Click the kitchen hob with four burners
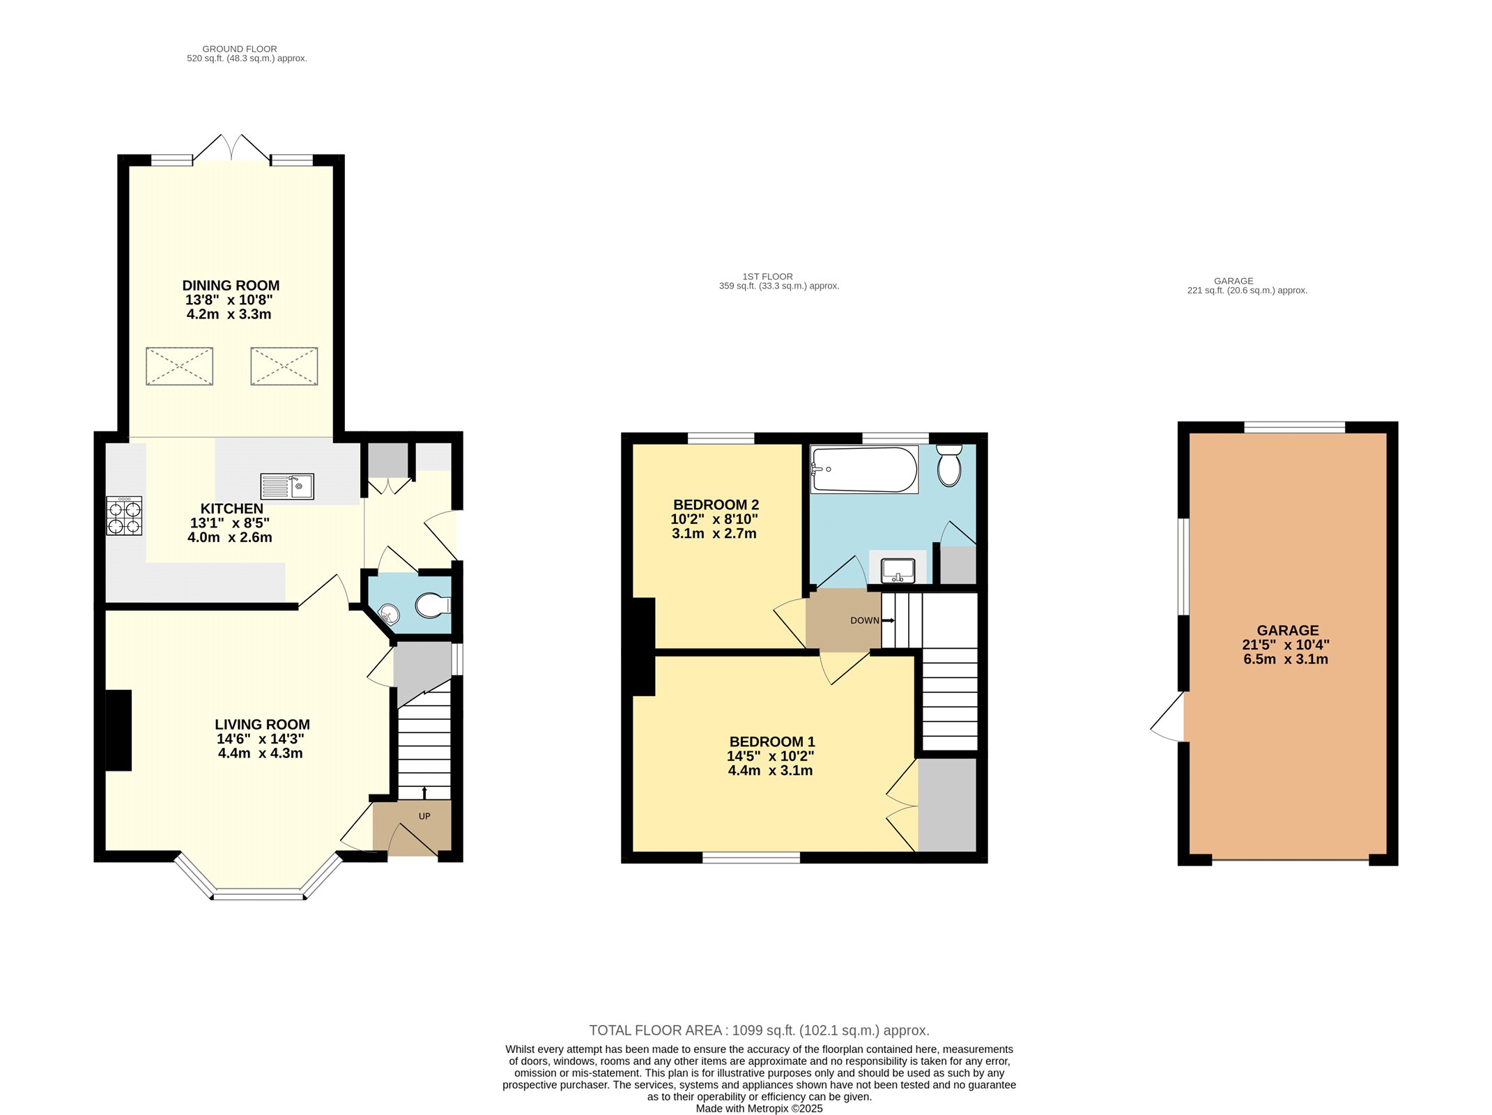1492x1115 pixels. coord(124,516)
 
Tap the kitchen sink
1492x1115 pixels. coord(287,486)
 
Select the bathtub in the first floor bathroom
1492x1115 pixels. coord(864,469)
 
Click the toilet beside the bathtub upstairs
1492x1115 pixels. coord(949,465)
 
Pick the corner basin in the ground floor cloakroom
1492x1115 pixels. coord(388,613)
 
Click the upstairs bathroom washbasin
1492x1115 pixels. coord(898,570)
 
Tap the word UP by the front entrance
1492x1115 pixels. coord(424,816)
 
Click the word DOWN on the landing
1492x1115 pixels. coord(865,620)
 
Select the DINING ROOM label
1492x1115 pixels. coord(231,286)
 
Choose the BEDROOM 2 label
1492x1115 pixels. coord(716,505)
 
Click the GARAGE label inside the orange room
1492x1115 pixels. coord(1288,630)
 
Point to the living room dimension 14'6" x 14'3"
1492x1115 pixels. coord(261,739)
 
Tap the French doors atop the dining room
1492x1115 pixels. coord(231,148)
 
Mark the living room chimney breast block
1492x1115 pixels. coord(118,730)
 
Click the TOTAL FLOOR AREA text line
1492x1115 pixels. coord(759,1030)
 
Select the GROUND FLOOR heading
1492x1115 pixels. coord(240,49)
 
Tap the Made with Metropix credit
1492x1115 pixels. coord(759,1108)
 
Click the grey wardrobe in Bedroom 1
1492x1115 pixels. coord(947,805)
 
